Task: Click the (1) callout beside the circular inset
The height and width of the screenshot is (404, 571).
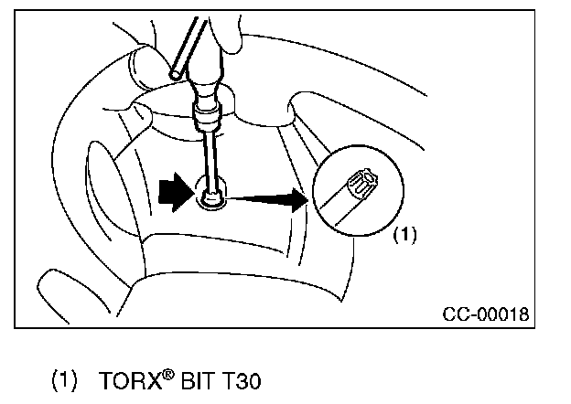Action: coord(404,234)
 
